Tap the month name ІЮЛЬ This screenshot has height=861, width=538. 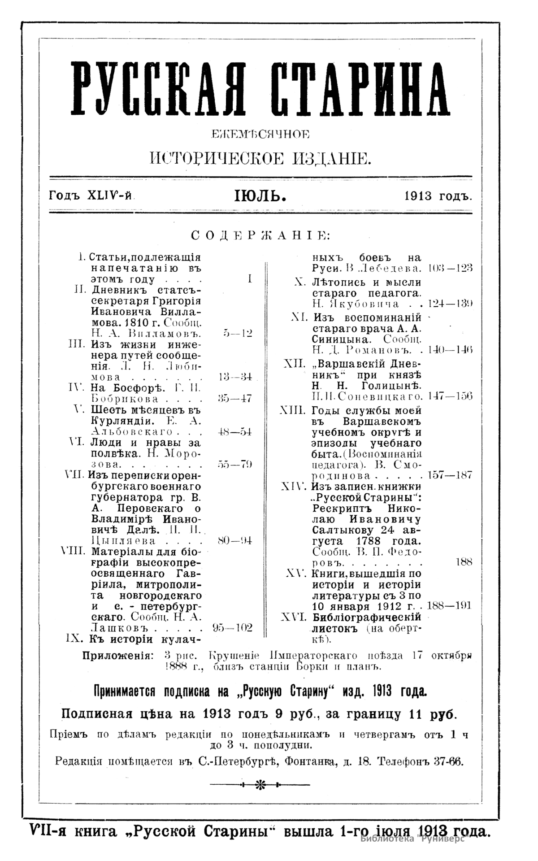click(x=260, y=196)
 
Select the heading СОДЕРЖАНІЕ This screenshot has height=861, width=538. click(x=260, y=235)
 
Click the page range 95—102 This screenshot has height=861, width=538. click(x=232, y=627)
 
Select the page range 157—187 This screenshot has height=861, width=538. click(x=450, y=475)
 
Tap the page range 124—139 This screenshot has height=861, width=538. click(x=450, y=304)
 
